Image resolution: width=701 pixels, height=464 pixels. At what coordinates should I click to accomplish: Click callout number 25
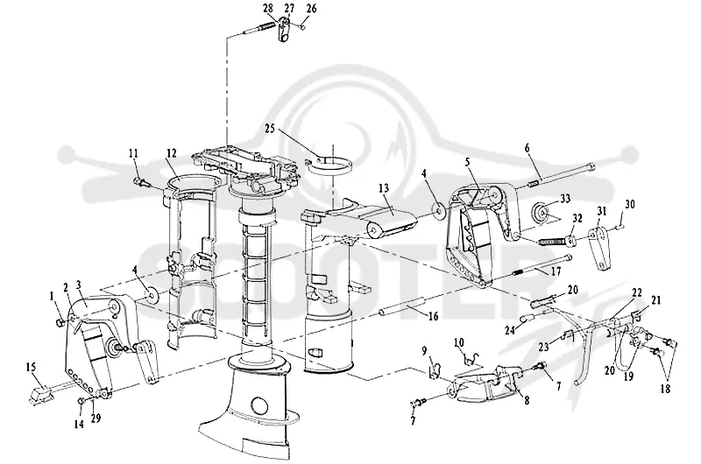pyautogui.click(x=270, y=129)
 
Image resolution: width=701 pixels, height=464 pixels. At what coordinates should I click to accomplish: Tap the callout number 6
pyautogui.click(x=528, y=148)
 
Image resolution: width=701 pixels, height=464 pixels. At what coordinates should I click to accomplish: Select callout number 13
pyautogui.click(x=384, y=188)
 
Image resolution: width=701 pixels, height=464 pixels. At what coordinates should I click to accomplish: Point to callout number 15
pyautogui.click(x=31, y=368)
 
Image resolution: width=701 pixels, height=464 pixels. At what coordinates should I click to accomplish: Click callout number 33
pyautogui.click(x=565, y=198)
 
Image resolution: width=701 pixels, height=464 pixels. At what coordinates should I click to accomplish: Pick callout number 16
pyautogui.click(x=433, y=316)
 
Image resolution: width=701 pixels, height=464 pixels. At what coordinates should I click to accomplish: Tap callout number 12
pyautogui.click(x=172, y=153)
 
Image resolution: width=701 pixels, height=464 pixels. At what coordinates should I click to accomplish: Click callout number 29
pyautogui.click(x=96, y=418)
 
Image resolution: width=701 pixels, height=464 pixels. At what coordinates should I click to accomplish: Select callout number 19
pyautogui.click(x=628, y=376)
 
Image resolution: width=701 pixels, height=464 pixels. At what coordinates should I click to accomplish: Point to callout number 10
pyautogui.click(x=459, y=342)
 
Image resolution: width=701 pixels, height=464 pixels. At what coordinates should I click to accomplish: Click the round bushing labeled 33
pyautogui.click(x=542, y=212)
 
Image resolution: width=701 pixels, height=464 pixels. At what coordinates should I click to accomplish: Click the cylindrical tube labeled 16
pyautogui.click(x=401, y=308)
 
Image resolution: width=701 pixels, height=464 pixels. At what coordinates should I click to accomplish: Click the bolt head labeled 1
pyautogui.click(x=59, y=321)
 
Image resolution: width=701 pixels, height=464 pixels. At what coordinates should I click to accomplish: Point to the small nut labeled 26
pyautogui.click(x=302, y=27)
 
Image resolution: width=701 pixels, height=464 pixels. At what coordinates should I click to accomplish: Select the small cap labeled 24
pyautogui.click(x=525, y=319)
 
